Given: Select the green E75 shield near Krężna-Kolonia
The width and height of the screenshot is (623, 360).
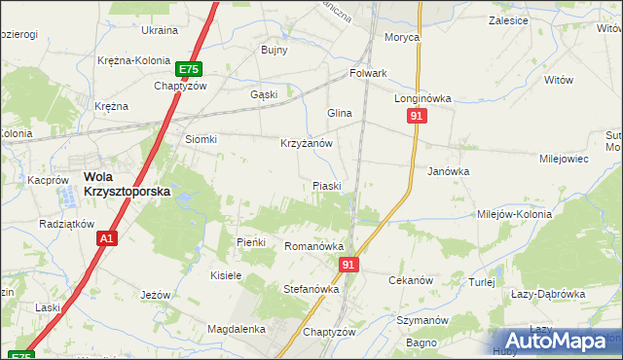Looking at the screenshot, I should point(189,69).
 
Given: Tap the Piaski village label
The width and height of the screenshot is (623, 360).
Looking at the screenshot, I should point(326,185).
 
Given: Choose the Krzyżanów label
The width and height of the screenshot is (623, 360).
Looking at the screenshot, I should point(307,143).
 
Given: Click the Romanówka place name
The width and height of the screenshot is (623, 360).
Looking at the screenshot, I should point(311,247).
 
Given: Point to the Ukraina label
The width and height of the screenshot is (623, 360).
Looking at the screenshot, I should point(160,30).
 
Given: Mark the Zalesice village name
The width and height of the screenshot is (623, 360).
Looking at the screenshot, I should point(509,19).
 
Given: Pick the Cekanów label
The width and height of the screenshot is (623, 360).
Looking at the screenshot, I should point(410,280).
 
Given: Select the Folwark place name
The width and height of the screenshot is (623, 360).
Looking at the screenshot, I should point(369,73).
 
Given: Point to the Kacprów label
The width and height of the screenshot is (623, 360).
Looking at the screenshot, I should point(48,180).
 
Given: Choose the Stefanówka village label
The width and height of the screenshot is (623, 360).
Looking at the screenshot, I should point(311,289).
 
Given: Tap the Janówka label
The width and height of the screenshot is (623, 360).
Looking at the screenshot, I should point(449,170).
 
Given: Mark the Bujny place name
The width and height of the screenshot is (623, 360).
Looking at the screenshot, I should point(275,50).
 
